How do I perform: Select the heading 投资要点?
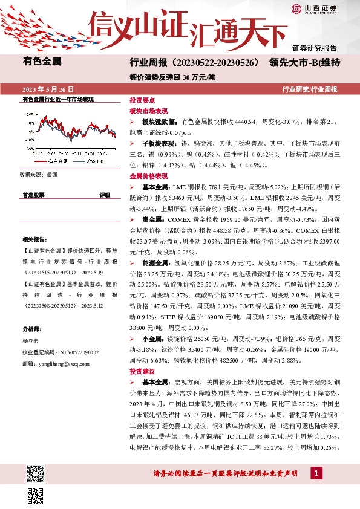(142, 102)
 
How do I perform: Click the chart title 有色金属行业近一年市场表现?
(58, 99)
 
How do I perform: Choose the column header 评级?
(105, 195)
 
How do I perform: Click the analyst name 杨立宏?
(30, 341)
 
